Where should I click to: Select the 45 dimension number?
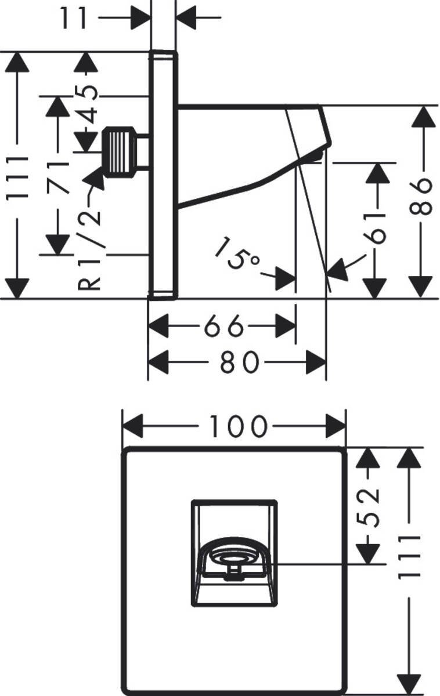tap(87, 104)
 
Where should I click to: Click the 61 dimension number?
tap(378, 227)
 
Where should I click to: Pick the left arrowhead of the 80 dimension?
tap(158, 363)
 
